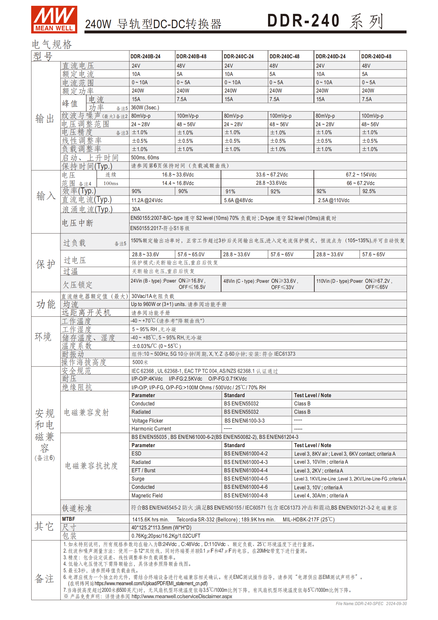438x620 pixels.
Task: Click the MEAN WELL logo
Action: tap(54, 19)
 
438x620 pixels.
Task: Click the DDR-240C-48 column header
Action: tap(284, 56)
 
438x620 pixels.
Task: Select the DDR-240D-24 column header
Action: tap(330, 56)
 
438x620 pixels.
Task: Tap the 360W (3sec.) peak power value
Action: tap(145, 107)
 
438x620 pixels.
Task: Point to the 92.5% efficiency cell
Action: tap(369, 191)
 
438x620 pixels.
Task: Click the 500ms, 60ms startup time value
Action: tap(145, 157)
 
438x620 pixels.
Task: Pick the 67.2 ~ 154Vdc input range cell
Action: tap(361, 175)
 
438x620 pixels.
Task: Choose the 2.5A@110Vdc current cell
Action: tap(334, 200)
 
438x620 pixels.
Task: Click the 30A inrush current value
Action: tap(136, 209)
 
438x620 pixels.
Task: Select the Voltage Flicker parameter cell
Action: tap(147, 421)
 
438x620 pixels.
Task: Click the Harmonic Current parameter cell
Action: tap(151, 429)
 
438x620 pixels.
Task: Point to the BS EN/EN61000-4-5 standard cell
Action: tap(246, 479)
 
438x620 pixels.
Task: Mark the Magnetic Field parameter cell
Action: tap(147, 495)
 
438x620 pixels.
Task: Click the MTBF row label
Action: tap(68, 519)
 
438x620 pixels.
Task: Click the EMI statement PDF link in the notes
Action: tap(151, 583)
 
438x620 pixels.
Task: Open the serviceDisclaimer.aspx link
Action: tap(182, 596)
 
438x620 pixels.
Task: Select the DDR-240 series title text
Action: tap(325, 21)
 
